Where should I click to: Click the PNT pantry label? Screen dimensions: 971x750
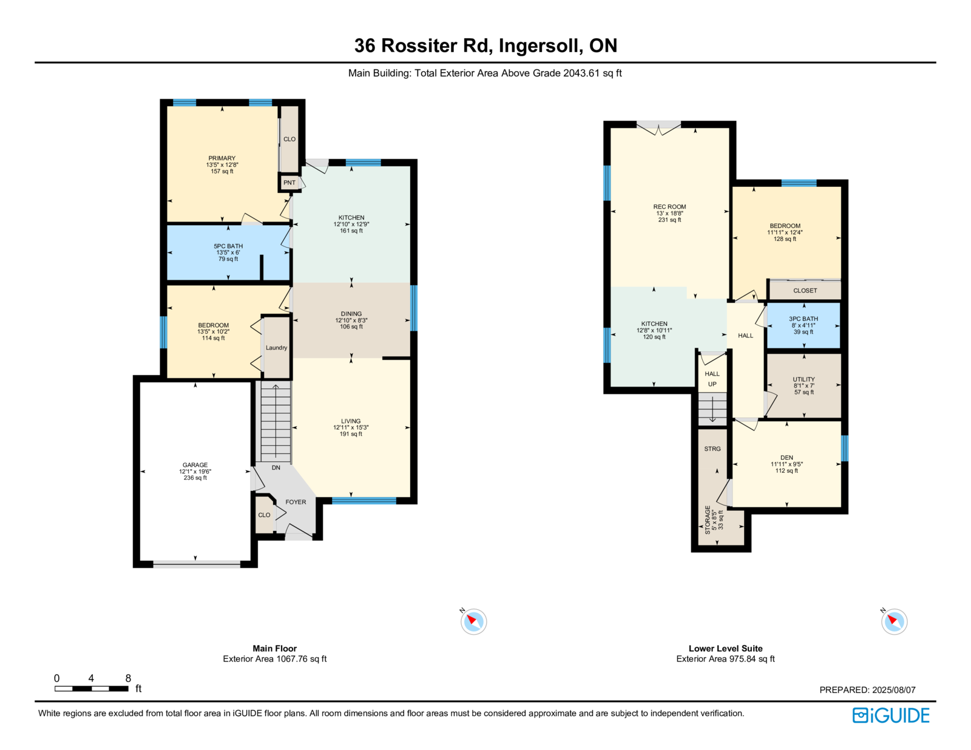(289, 182)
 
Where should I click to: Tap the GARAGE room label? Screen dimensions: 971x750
(195, 465)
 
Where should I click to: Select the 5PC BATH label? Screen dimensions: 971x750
(228, 246)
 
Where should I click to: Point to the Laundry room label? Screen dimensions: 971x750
(276, 348)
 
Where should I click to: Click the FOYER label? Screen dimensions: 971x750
(296, 502)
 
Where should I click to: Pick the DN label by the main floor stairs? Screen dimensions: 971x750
(276, 467)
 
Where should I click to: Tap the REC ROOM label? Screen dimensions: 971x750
(669, 206)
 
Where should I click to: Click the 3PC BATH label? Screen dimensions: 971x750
(804, 319)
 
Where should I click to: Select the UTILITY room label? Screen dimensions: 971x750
(804, 379)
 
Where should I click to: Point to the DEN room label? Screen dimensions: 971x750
(787, 458)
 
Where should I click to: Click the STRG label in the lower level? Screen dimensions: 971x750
(712, 448)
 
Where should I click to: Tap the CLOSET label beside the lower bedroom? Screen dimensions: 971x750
(805, 290)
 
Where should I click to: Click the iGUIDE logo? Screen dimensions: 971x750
(890, 715)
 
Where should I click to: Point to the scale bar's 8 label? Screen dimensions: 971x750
(128, 678)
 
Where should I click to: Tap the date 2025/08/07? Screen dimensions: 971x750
(894, 690)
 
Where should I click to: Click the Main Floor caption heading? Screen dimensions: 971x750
(274, 648)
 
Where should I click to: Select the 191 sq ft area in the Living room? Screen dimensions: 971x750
(351, 434)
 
